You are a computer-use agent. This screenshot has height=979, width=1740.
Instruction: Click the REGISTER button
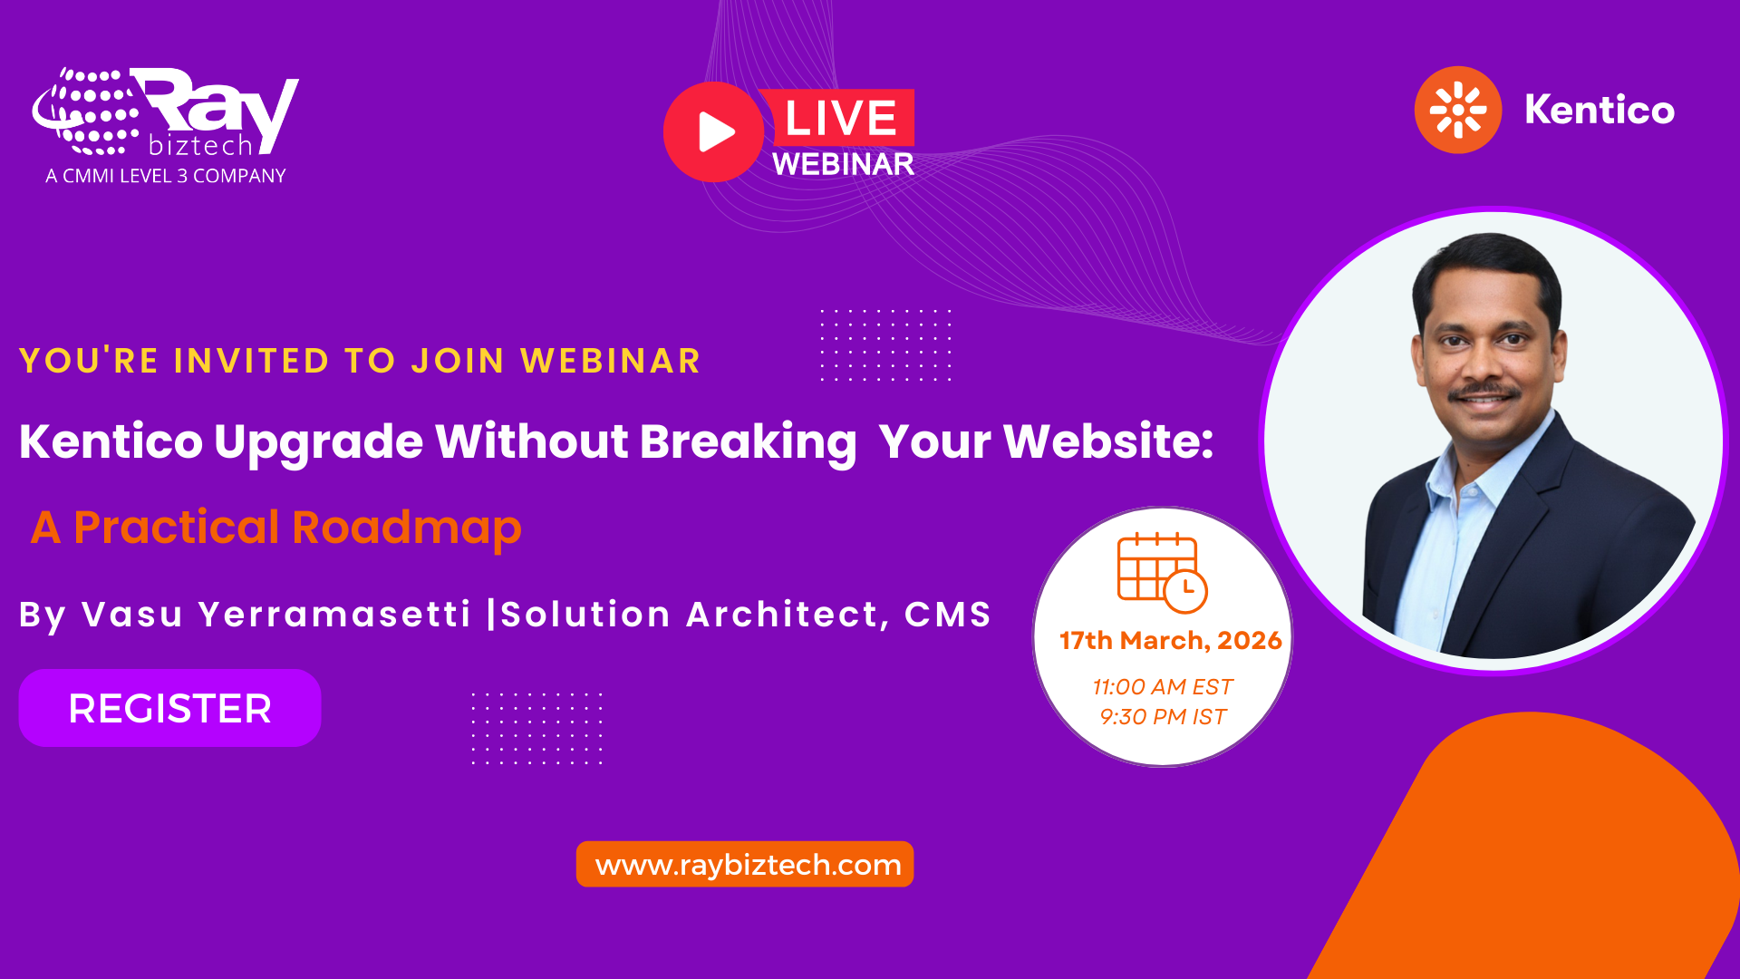(x=169, y=708)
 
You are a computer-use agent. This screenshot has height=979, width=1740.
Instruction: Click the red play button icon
(x=714, y=132)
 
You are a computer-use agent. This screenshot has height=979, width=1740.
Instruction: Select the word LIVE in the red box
(x=841, y=118)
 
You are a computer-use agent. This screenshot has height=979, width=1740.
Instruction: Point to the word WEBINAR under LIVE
(x=843, y=164)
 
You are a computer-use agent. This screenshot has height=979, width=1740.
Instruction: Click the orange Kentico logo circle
(x=1457, y=110)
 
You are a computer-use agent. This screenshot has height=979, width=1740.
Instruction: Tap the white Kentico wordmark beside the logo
(x=1600, y=110)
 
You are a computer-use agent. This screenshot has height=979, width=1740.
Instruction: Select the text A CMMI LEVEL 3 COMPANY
(x=166, y=176)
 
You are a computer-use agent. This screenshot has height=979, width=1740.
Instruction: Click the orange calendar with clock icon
(x=1161, y=573)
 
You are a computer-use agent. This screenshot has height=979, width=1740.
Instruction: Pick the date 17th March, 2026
(x=1170, y=640)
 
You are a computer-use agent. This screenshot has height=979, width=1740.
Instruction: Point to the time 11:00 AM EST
(x=1163, y=687)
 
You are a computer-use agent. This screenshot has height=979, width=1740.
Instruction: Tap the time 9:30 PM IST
(x=1163, y=717)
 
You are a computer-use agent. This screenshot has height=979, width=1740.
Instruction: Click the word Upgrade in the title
(x=318, y=442)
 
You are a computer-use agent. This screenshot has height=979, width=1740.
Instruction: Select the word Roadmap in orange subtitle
(x=407, y=528)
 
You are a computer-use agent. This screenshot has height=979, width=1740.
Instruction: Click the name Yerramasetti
(x=334, y=615)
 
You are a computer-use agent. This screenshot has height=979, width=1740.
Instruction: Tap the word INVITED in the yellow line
(x=251, y=361)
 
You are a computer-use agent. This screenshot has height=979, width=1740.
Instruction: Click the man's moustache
(x=1484, y=392)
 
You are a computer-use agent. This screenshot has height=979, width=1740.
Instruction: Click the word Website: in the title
(x=1108, y=441)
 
